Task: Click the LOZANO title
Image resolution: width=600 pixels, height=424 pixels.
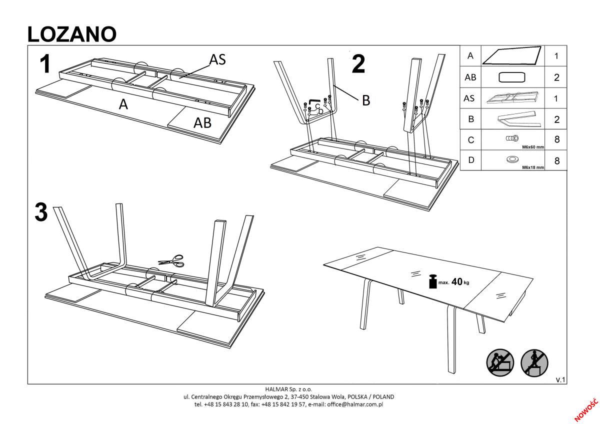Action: (71, 33)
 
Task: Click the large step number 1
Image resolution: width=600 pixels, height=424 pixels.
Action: (45, 64)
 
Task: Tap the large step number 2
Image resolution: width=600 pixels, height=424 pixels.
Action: (358, 64)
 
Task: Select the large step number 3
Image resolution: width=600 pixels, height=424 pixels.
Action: (41, 212)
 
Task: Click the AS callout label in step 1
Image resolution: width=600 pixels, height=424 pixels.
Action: (217, 59)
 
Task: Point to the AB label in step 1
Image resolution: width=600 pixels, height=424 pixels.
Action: (202, 122)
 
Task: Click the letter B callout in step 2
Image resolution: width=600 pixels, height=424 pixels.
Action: (365, 100)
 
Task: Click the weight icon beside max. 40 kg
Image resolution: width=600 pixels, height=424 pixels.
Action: (432, 281)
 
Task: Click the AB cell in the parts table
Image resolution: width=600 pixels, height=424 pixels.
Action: (470, 77)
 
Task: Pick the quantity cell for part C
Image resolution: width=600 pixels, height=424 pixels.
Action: (556, 140)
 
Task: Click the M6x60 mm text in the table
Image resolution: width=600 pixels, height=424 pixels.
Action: (532, 147)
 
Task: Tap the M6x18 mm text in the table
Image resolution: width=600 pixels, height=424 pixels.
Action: (532, 167)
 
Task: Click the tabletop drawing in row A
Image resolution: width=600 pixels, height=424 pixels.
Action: (512, 56)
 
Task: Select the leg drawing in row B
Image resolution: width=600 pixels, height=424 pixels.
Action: (512, 119)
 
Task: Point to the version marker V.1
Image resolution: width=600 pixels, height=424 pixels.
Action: (560, 380)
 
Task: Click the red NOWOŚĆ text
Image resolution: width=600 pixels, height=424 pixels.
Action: (586, 408)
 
